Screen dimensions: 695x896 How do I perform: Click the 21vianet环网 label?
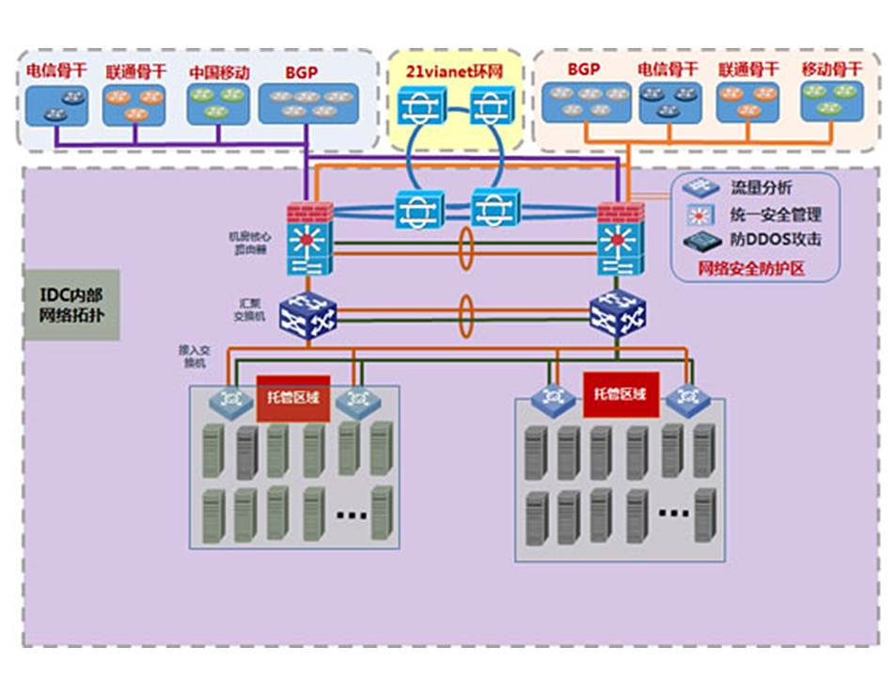(455, 71)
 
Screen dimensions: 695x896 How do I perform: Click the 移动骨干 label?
(832, 70)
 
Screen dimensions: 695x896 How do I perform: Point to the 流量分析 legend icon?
(700, 188)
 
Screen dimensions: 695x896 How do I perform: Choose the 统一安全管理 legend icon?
(700, 214)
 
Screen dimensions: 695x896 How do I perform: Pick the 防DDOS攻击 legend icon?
(700, 241)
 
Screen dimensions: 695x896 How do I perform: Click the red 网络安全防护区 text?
(755, 268)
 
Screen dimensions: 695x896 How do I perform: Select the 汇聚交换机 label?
(254, 309)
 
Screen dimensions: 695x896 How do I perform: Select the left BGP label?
(301, 71)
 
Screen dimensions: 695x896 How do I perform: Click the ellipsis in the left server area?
(352, 514)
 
